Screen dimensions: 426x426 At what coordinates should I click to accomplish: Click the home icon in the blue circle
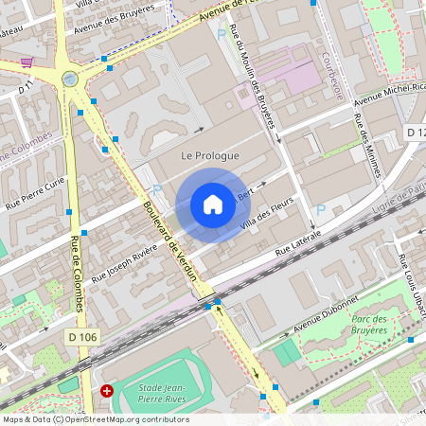pyautogui.click(x=213, y=204)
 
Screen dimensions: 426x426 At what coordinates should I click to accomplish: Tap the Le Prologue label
pyautogui.click(x=210, y=155)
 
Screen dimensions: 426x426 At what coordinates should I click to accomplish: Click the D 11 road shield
pyautogui.click(x=27, y=88)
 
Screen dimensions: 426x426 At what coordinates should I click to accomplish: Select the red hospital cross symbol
pyautogui.click(x=107, y=390)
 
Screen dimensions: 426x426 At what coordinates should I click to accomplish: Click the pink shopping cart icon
pyautogui.click(x=27, y=63)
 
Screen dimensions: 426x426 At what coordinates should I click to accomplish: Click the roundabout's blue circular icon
pyautogui.click(x=70, y=79)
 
